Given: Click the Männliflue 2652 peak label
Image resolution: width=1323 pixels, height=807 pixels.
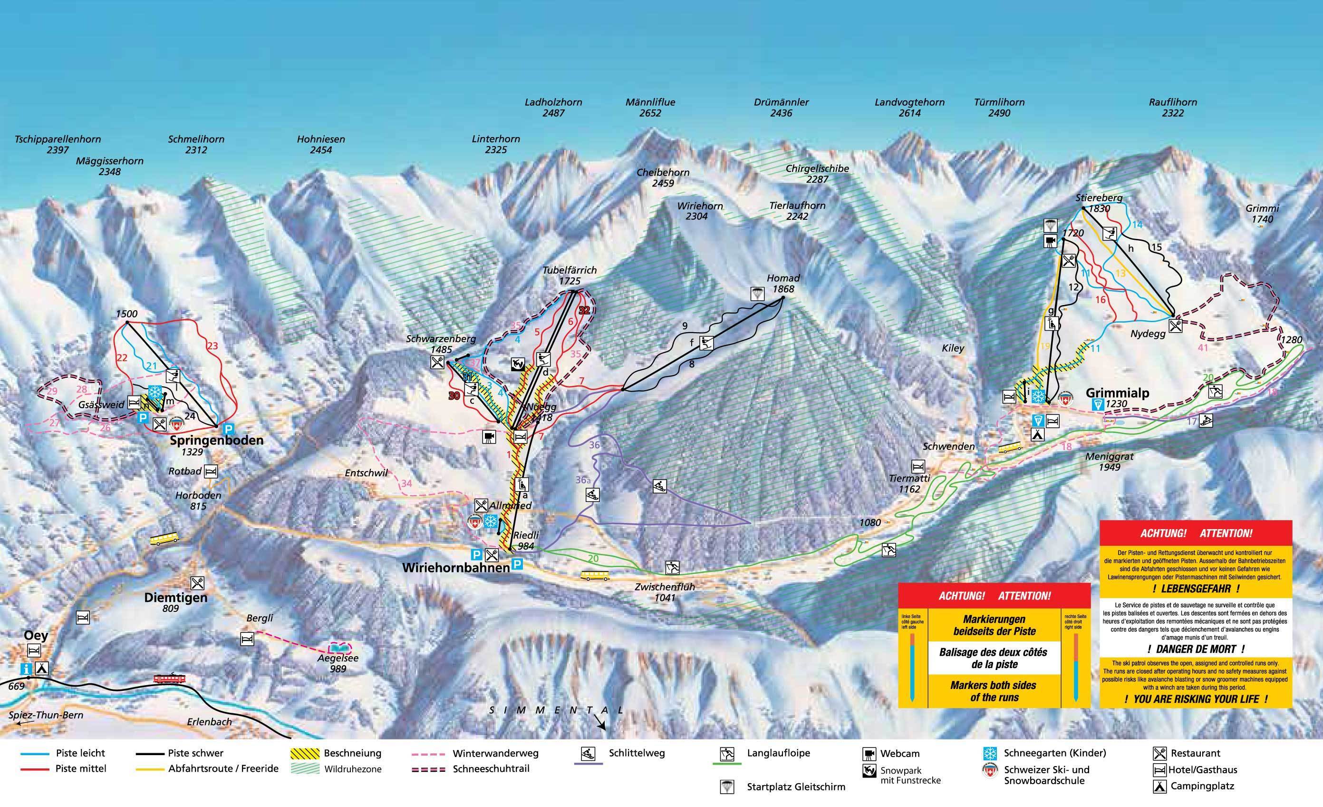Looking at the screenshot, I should click(650, 108).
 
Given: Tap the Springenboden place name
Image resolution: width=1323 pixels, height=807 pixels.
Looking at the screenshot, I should click(216, 441).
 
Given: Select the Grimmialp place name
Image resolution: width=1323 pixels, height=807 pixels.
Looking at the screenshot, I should click(1117, 393).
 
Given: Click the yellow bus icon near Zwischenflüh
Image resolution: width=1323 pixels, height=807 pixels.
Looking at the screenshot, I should click(595, 575).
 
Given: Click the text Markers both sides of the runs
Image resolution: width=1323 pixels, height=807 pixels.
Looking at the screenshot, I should click(995, 691).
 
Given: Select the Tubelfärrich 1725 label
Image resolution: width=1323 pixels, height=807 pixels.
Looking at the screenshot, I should click(570, 276).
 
